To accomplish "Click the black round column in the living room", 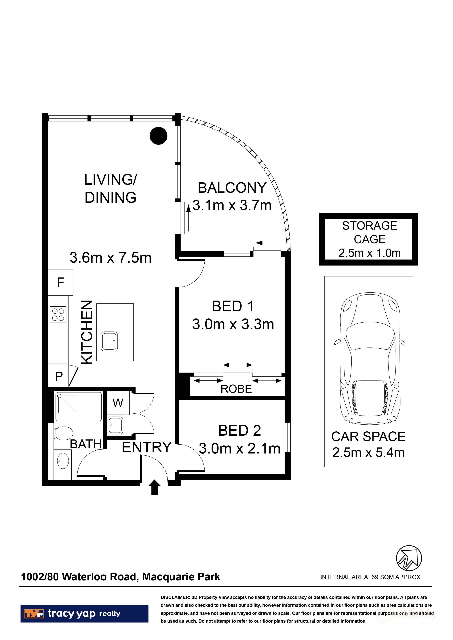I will [x=158, y=136].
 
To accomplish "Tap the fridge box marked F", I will [x=60, y=283].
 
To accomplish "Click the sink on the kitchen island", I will [x=109, y=341].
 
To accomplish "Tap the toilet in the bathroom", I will [x=64, y=433].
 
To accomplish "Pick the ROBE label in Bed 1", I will [x=236, y=389].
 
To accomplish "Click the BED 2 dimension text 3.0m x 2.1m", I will [x=239, y=449].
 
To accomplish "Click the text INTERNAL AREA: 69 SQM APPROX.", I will [x=371, y=577].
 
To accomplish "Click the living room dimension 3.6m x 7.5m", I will [x=111, y=257].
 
